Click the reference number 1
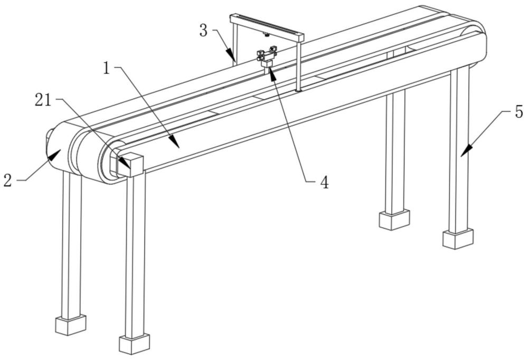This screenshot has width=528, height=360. tap(107, 69)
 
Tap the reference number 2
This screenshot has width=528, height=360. tap(8, 181)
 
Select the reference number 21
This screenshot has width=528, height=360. tap(43, 100)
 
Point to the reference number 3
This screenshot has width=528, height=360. tap(203, 31)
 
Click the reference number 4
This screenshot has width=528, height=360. tap(324, 183)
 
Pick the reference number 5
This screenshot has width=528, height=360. tap(519, 112)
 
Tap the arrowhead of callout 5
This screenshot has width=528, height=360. tap(465, 150)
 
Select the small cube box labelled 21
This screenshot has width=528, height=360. tap(130, 165)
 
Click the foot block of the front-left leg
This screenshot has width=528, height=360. tap(134, 344)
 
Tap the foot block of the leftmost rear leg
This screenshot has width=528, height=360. tap(71, 325)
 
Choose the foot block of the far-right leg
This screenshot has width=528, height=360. tap(458, 239)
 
